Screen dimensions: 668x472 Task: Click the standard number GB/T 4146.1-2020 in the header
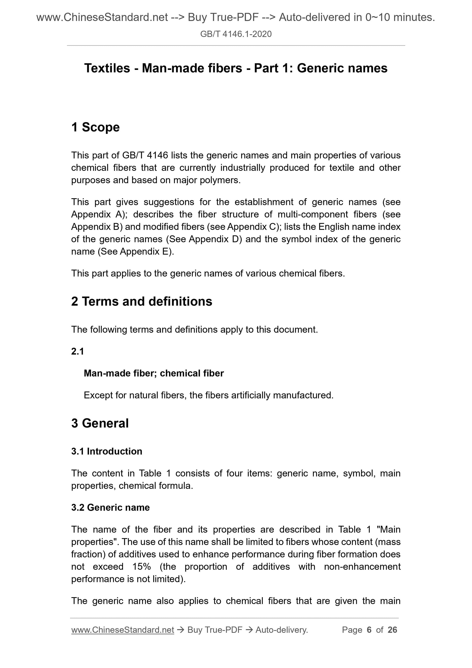point(236,34)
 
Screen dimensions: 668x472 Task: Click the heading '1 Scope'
point(95,127)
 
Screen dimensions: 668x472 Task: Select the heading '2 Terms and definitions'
point(142,301)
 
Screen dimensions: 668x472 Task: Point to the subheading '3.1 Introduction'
point(107,451)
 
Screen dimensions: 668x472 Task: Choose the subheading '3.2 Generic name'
point(111,507)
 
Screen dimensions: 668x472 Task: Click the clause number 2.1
point(77,351)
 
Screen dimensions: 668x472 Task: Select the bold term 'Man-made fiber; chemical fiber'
point(154,373)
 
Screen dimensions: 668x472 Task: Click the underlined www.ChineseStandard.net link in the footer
point(122,630)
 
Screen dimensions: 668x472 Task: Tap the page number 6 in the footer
point(369,630)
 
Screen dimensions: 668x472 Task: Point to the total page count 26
point(392,630)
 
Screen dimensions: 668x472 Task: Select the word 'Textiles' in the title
point(107,68)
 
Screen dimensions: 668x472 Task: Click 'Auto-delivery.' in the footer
point(282,630)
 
